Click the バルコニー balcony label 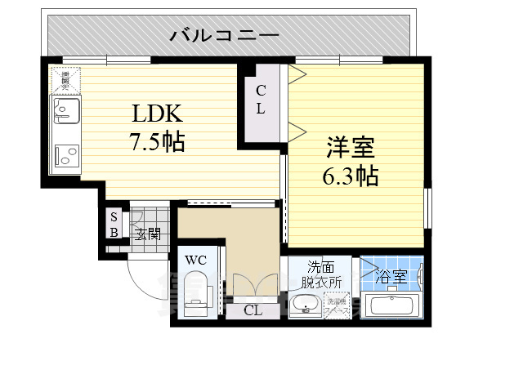[225, 36]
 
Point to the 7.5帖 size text [157, 143]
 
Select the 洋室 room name [351, 148]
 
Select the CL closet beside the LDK [259, 100]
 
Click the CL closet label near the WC [252, 310]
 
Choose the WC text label [194, 260]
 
